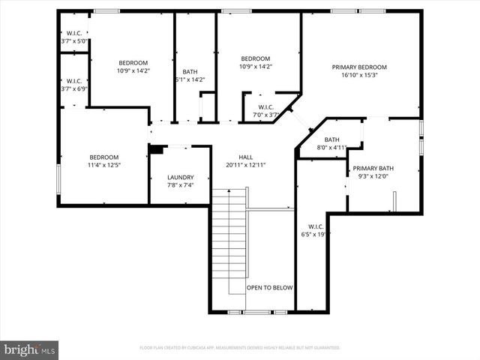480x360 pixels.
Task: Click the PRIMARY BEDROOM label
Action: pyautogui.click(x=361, y=67)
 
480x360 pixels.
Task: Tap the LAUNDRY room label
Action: pyautogui.click(x=180, y=177)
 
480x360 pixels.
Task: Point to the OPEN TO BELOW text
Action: pyautogui.click(x=270, y=288)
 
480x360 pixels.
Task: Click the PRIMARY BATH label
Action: pyautogui.click(x=373, y=169)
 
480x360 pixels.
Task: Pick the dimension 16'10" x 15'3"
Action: pyautogui.click(x=361, y=75)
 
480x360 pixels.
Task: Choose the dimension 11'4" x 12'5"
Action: pyautogui.click(x=104, y=165)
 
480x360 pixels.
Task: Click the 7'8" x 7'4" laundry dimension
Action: pyautogui.click(x=180, y=185)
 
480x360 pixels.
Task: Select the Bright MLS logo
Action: pyautogui.click(x=30, y=349)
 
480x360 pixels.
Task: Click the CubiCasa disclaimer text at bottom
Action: pyautogui.click(x=239, y=348)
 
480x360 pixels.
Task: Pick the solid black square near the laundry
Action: pyautogui.click(x=155, y=149)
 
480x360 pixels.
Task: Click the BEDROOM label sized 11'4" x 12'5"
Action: pyautogui.click(x=104, y=157)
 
